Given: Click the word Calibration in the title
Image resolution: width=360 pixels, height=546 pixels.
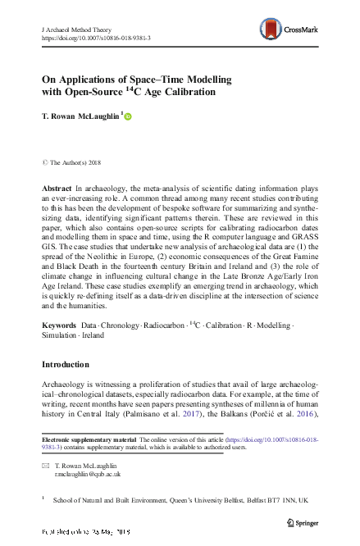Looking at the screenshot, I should (188, 93).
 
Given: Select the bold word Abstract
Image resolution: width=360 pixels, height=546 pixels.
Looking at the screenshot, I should (57, 189).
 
